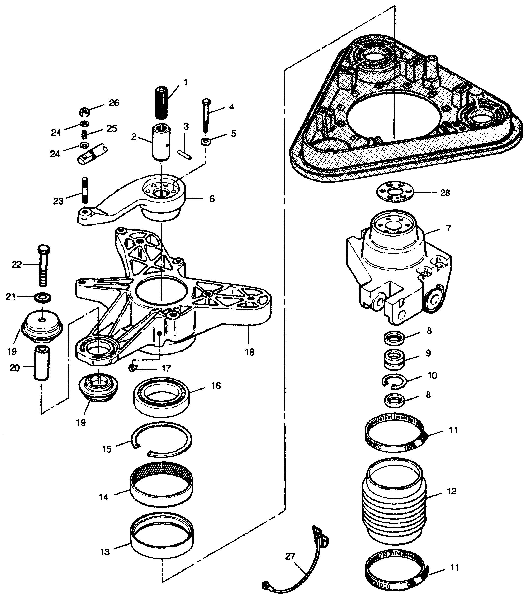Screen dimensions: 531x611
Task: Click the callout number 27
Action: [290, 556]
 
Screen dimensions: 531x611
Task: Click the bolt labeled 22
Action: [43, 266]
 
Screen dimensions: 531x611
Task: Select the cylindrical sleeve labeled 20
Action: [42, 363]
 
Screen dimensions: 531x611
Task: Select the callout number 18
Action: [250, 352]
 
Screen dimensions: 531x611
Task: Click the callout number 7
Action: [448, 228]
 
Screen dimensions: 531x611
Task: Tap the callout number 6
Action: [212, 199]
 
